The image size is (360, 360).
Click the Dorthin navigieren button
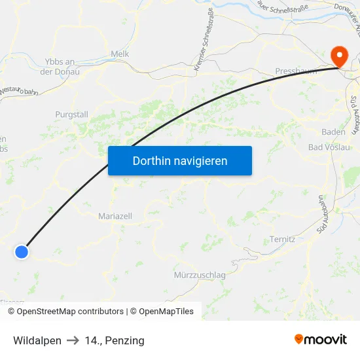[180, 160]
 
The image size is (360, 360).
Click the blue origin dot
[22, 251]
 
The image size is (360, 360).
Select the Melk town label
[120, 54]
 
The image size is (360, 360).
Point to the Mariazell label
[115, 216]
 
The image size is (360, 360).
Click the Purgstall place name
[72, 115]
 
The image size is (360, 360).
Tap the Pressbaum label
[296, 71]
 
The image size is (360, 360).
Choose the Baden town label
[333, 132]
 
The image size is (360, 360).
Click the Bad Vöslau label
[329, 147]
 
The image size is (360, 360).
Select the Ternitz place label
[283, 240]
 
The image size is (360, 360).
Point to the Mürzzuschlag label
[200, 276]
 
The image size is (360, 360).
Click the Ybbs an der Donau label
[60, 66]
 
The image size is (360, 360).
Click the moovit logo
[320, 340]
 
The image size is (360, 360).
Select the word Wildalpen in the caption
[37, 340]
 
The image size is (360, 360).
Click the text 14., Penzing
[115, 340]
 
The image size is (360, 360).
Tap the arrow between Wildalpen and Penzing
[73, 340]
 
